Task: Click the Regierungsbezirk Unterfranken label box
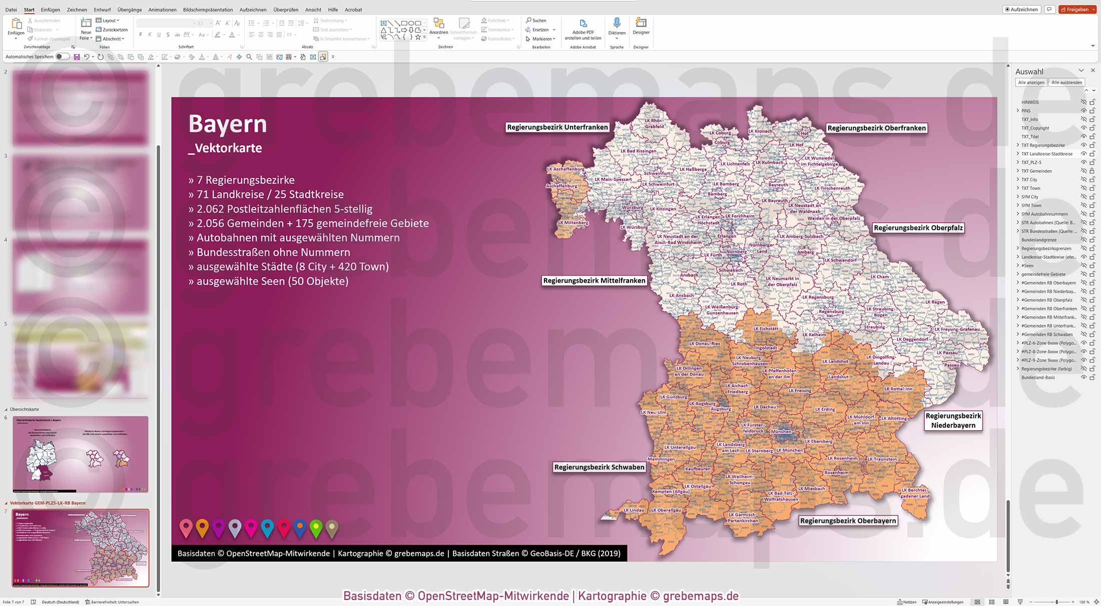click(x=557, y=127)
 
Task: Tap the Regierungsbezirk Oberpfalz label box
click(x=918, y=228)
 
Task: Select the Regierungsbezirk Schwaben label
click(x=599, y=467)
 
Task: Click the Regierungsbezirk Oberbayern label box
click(x=847, y=520)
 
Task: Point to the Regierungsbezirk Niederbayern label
click(x=953, y=420)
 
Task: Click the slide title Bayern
click(x=228, y=124)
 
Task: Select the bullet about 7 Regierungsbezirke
click(x=242, y=180)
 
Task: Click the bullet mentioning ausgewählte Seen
click(x=268, y=281)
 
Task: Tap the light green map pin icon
click(x=316, y=528)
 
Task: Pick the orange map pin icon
click(x=202, y=528)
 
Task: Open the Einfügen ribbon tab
click(x=50, y=10)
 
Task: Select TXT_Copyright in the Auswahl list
click(x=1035, y=128)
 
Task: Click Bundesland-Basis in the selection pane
click(x=1038, y=377)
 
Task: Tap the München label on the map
click(x=781, y=431)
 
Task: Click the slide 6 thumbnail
click(x=80, y=454)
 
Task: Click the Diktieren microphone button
click(x=617, y=27)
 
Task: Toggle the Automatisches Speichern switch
click(x=62, y=57)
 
